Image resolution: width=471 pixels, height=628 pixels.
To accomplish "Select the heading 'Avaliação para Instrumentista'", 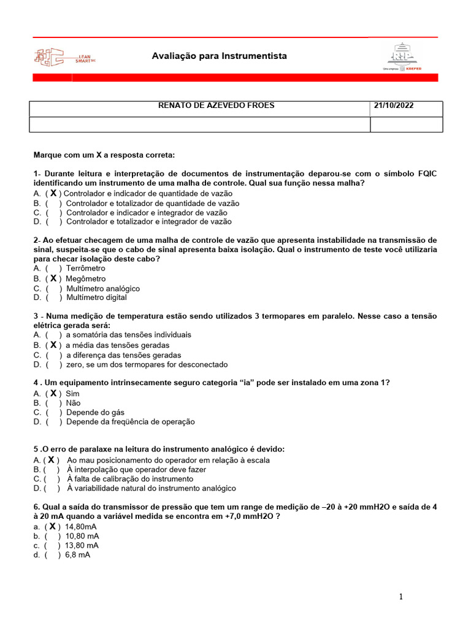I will click(219, 56).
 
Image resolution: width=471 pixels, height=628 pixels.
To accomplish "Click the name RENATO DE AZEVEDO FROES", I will click(216, 105).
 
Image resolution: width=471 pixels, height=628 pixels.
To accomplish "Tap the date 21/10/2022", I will click(394, 105).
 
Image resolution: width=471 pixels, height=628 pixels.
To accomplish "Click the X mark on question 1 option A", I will click(53, 193).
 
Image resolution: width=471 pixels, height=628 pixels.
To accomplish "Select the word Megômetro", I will click(85, 278).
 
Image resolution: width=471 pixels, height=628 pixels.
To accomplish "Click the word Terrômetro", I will click(85, 269).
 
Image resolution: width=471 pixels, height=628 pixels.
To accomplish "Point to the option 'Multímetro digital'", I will click(96, 298).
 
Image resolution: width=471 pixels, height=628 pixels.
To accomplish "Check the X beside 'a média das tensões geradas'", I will click(53, 345).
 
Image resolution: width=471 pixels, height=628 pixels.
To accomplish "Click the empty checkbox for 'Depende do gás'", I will click(53, 413).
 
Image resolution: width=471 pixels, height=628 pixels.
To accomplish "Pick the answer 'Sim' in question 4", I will click(73, 393).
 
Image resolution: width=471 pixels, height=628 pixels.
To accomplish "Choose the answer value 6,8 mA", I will click(77, 555).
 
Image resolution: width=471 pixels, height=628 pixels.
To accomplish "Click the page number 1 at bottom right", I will click(401, 597).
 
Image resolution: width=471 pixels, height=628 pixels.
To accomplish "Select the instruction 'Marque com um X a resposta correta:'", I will click(104, 155).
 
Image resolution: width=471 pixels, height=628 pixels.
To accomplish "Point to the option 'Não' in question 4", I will click(73, 403).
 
